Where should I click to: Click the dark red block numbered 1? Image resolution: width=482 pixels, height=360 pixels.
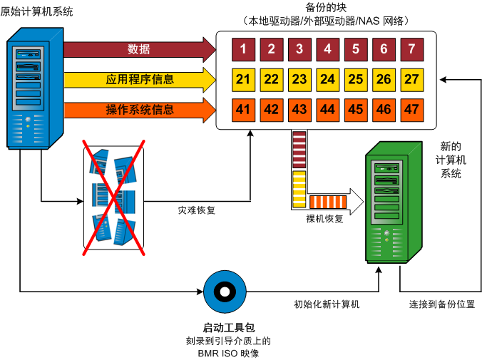(243, 49)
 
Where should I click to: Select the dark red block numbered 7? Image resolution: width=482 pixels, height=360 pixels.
(411, 49)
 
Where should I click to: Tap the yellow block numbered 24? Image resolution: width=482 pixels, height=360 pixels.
(327, 79)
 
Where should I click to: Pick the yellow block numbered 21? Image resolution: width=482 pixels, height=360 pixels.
(243, 79)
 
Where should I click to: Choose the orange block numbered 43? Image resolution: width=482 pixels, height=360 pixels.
(299, 109)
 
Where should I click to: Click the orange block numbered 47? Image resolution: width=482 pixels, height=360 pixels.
(411, 109)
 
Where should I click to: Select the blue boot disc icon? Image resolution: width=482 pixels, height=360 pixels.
(223, 291)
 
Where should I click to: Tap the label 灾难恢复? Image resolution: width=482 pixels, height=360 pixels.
(197, 210)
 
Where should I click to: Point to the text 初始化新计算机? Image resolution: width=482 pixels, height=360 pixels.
(327, 304)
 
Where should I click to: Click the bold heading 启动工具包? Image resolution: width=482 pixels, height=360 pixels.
(228, 328)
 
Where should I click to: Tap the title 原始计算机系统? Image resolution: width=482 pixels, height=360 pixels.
(37, 12)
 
